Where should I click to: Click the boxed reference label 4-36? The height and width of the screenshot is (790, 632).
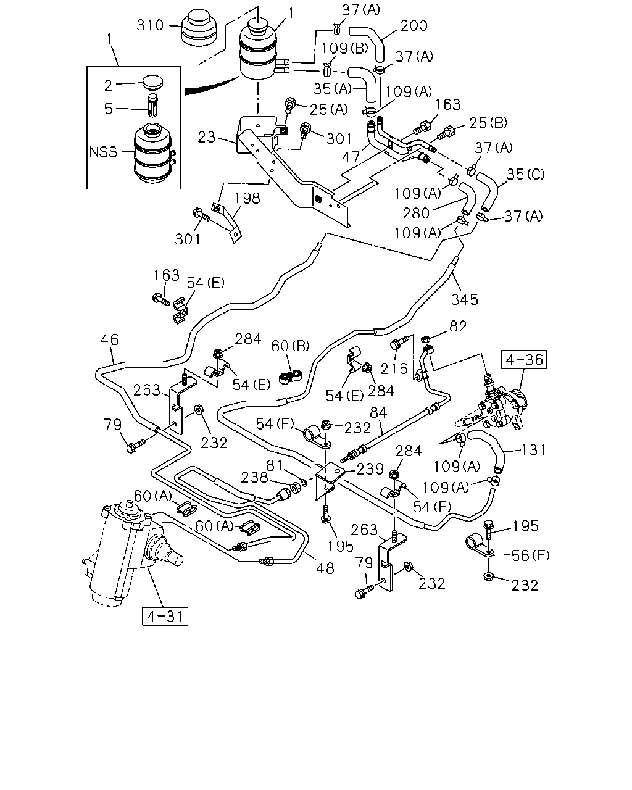(x=524, y=359)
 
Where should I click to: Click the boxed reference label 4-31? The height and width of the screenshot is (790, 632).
(x=165, y=617)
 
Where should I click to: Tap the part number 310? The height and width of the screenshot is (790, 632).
(x=150, y=25)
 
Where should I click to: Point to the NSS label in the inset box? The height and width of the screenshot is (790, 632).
(x=103, y=152)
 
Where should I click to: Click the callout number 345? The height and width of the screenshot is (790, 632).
(x=465, y=299)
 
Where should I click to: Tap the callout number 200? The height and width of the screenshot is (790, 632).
(x=414, y=26)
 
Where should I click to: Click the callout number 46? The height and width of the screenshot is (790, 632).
(x=109, y=339)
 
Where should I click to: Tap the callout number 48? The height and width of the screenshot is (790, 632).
(x=325, y=568)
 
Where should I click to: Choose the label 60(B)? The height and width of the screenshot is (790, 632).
(x=291, y=346)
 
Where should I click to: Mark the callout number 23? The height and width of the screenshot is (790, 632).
(x=206, y=137)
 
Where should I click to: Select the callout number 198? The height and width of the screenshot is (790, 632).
(x=247, y=198)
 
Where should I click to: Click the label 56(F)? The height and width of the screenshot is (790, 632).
(x=531, y=556)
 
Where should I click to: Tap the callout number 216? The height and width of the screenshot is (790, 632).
(x=394, y=368)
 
